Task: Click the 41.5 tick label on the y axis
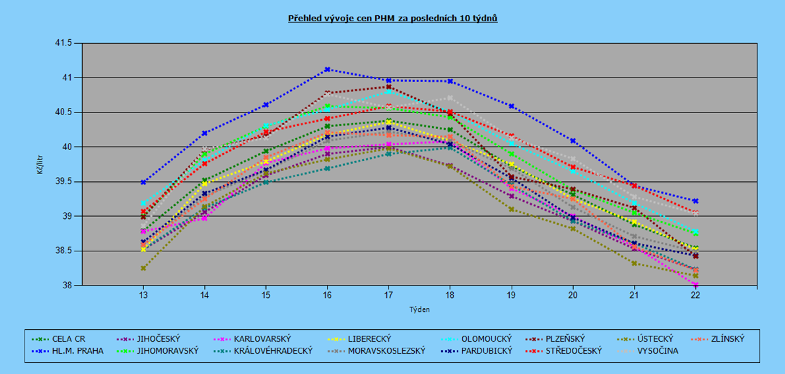pos(63,43)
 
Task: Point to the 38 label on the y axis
pos(67,285)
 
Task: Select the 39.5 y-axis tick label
pos(63,181)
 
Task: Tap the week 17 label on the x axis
pos(389,295)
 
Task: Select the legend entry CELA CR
pos(59,339)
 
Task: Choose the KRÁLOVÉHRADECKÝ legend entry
pos(263,351)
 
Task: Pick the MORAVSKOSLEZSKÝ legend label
pos(376,351)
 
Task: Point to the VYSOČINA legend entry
pos(648,351)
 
